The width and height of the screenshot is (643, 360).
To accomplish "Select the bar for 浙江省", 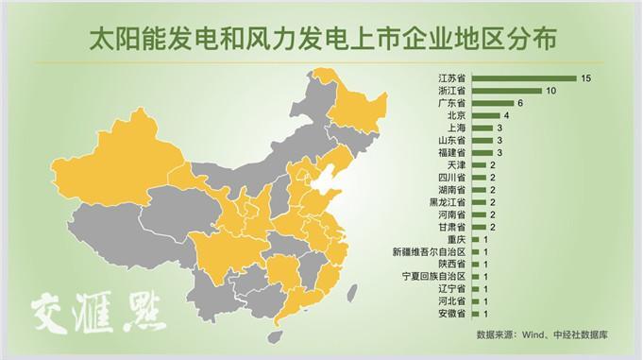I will (506, 90).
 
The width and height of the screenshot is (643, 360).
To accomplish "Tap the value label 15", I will (586, 77).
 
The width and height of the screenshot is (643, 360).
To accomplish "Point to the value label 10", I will (551, 90).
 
